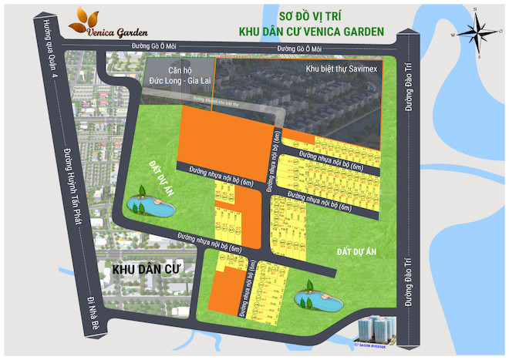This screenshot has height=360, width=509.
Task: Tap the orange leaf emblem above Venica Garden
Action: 90,15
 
